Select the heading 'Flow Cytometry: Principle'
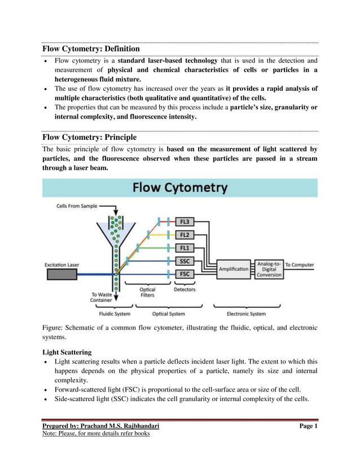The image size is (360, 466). (x=89, y=137)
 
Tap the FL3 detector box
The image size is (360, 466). (x=184, y=222)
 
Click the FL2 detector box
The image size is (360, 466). (x=184, y=235)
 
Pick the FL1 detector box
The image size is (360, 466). (x=184, y=248)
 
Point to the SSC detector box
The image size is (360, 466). (x=184, y=261)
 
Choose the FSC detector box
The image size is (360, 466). (x=184, y=274)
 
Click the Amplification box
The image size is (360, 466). (x=234, y=269)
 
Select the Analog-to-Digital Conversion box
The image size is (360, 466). (x=269, y=269)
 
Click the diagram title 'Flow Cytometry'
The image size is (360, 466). (x=180, y=188)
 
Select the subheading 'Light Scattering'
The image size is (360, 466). (x=67, y=352)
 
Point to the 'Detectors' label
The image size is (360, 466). (x=185, y=289)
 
